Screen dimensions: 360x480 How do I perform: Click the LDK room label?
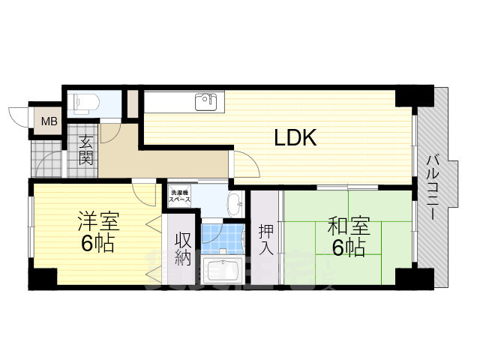[x=295, y=137]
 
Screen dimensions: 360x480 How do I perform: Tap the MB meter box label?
[x=49, y=121]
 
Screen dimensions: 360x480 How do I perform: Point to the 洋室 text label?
[x=98, y=223]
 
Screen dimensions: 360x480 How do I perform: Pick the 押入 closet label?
[x=265, y=240]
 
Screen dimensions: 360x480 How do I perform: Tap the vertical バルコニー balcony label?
[x=433, y=187]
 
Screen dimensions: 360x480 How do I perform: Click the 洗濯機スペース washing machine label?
[x=180, y=196]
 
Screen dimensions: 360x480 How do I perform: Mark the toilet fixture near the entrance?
[x=84, y=102]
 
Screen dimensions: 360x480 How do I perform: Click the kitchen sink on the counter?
[x=204, y=100]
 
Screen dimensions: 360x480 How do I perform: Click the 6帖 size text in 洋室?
[x=98, y=244]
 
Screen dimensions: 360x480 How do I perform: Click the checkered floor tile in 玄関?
[x=45, y=161]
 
